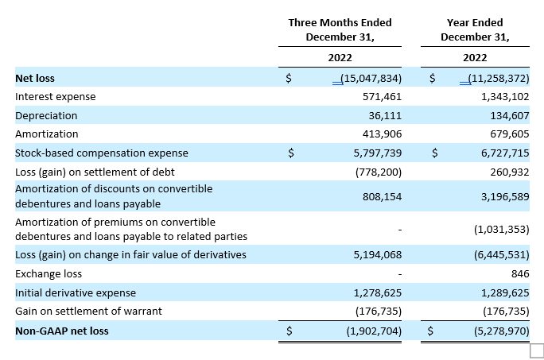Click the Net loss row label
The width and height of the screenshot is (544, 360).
pos(35,79)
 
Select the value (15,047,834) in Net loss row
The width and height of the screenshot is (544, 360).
pos(371,79)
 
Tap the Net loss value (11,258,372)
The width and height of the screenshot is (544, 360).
pos(499,79)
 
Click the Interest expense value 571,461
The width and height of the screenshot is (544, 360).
pos(382,97)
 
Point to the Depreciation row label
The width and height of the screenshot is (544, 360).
pos(46,116)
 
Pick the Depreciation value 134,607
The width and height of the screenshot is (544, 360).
pos(510,116)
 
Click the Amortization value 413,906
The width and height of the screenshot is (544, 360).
pos(382,134)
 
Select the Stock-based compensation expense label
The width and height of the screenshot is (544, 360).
pos(102,153)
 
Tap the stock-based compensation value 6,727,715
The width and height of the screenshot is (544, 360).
pos(505,153)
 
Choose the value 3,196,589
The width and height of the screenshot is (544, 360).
pos(505,196)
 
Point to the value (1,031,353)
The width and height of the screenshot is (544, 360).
pos(502,229)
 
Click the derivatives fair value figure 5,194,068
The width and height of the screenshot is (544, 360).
pos(378,255)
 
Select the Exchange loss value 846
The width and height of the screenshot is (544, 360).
pos(520,274)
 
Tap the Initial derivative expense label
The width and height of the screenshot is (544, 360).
pos(76,293)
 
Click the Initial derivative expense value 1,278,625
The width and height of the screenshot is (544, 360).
pos(378,293)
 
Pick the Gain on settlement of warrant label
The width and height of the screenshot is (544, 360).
pos(88,311)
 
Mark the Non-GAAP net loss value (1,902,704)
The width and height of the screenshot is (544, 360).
pos(374,331)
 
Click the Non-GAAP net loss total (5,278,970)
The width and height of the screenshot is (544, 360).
pos(502,331)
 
